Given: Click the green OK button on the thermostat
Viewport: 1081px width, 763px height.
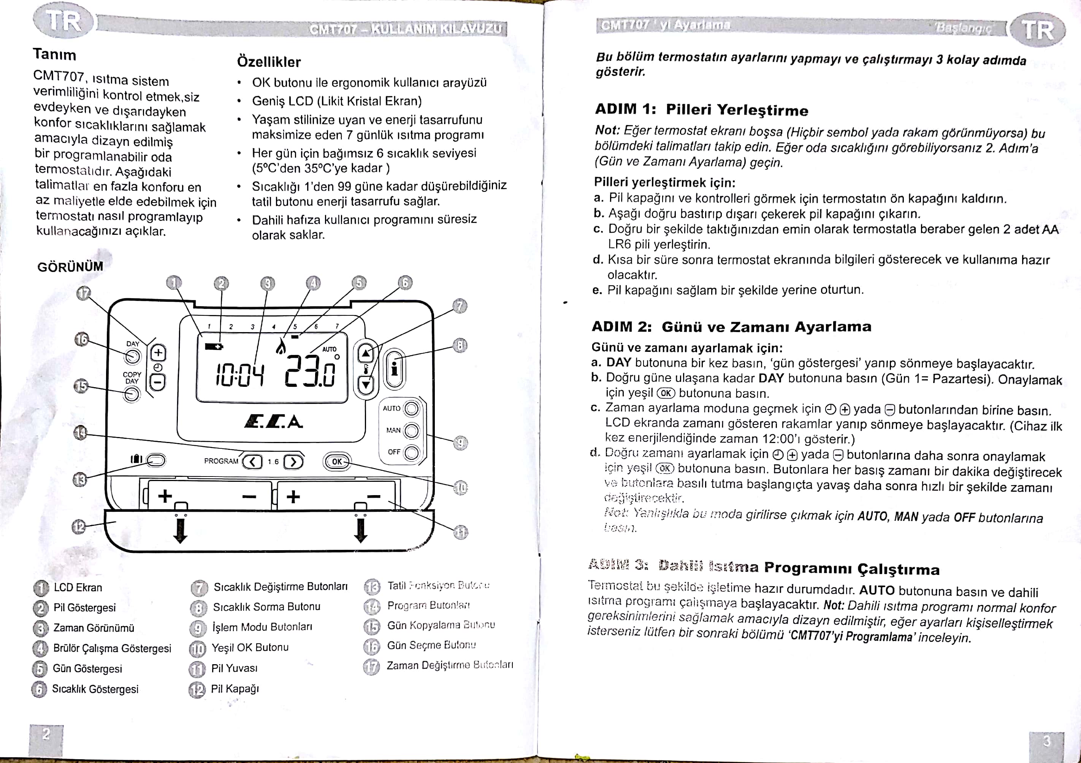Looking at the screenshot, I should click(x=337, y=462).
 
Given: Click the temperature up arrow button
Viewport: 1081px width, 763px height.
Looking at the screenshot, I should click(x=366, y=353).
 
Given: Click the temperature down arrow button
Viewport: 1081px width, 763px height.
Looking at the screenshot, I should click(x=366, y=385).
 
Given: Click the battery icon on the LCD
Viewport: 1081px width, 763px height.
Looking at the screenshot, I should click(x=214, y=347).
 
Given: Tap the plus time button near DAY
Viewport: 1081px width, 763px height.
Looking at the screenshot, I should click(x=158, y=353).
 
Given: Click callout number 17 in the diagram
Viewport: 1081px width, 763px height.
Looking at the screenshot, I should click(x=83, y=294).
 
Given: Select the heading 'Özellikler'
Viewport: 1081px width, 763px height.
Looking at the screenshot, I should click(x=269, y=62).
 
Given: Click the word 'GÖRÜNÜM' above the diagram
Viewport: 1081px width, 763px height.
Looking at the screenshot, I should click(x=70, y=266).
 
